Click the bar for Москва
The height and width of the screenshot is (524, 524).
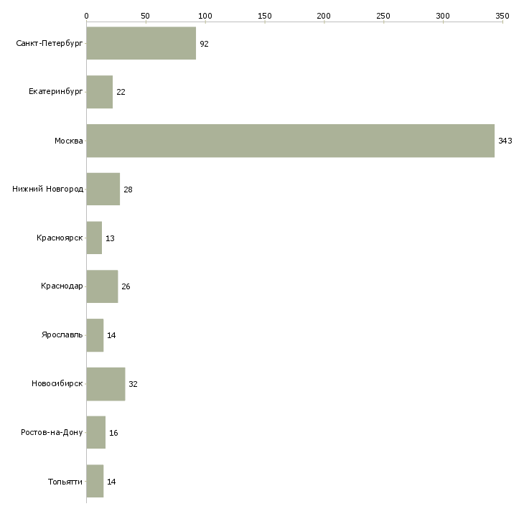(x=290, y=141)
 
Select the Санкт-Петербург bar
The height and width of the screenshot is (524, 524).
(x=141, y=44)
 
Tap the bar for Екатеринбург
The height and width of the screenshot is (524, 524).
(x=99, y=92)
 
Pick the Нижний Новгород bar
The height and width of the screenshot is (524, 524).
(x=103, y=190)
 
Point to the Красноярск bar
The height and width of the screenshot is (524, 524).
(x=94, y=238)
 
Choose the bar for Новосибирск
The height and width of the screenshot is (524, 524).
(x=106, y=384)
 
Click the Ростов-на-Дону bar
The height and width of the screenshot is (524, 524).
(x=95, y=432)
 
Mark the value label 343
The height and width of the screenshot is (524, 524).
(x=505, y=141)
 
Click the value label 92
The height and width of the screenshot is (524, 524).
(x=204, y=44)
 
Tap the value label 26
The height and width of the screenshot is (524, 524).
(x=126, y=286)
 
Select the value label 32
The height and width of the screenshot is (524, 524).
(x=133, y=384)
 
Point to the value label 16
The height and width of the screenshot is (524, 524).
(x=113, y=432)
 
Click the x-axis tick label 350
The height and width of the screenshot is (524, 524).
(x=502, y=15)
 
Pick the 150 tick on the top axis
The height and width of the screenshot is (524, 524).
(x=264, y=15)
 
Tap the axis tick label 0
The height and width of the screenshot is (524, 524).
(x=86, y=15)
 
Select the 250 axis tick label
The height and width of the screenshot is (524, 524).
(x=383, y=15)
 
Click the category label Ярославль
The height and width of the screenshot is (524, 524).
(x=63, y=335)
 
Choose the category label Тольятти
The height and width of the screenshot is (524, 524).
(x=65, y=481)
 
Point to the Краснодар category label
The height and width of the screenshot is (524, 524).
(x=62, y=286)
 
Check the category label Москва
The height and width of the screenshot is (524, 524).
(x=69, y=141)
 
